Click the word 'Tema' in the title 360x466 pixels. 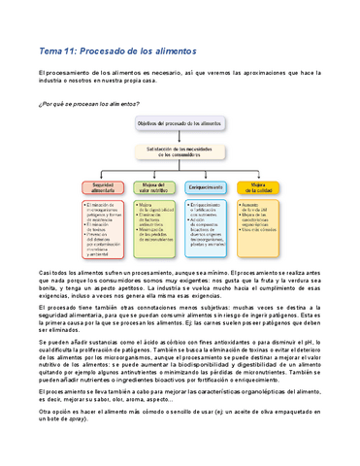pyautogui.click(x=49, y=49)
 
